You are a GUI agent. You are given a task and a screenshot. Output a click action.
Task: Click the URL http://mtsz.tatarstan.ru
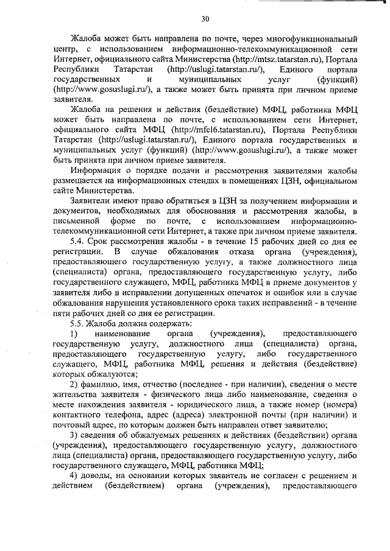point(275,59)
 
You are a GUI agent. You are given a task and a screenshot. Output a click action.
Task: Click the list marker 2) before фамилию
point(74,385)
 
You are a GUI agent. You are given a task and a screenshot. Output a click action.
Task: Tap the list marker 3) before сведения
point(74,435)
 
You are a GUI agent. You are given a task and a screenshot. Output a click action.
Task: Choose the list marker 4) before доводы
point(74,475)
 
